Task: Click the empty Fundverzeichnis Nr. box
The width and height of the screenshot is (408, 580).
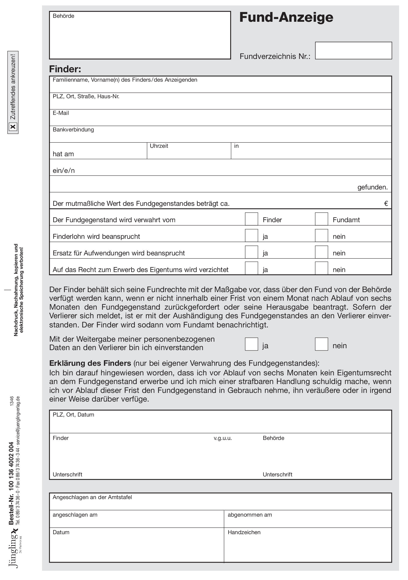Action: point(353,51)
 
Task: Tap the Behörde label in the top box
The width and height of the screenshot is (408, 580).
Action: point(63,16)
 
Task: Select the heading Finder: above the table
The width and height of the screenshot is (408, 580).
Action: point(65,69)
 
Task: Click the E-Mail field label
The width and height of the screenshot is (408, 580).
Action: point(61,113)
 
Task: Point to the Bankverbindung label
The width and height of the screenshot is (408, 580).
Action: point(73,130)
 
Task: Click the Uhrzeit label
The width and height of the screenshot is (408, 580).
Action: point(159,146)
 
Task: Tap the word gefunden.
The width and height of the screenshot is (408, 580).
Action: point(372,187)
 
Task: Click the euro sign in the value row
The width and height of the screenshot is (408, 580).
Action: point(386,204)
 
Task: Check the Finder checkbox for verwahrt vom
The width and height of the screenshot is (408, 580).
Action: point(251,219)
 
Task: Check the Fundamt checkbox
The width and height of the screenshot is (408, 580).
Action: point(321,219)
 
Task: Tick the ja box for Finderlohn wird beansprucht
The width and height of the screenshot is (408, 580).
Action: point(251,236)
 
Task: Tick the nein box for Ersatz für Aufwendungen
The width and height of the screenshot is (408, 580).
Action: point(321,252)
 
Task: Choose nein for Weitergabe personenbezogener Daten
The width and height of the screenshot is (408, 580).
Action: point(321,344)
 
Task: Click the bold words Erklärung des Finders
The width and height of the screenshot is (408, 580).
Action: point(90,363)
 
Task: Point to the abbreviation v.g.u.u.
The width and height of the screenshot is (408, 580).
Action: point(223,438)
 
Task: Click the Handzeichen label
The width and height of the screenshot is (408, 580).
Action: point(244,533)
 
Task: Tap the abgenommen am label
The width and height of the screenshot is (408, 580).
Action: point(250,515)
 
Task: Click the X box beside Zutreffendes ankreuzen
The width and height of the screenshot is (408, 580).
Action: point(13,127)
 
